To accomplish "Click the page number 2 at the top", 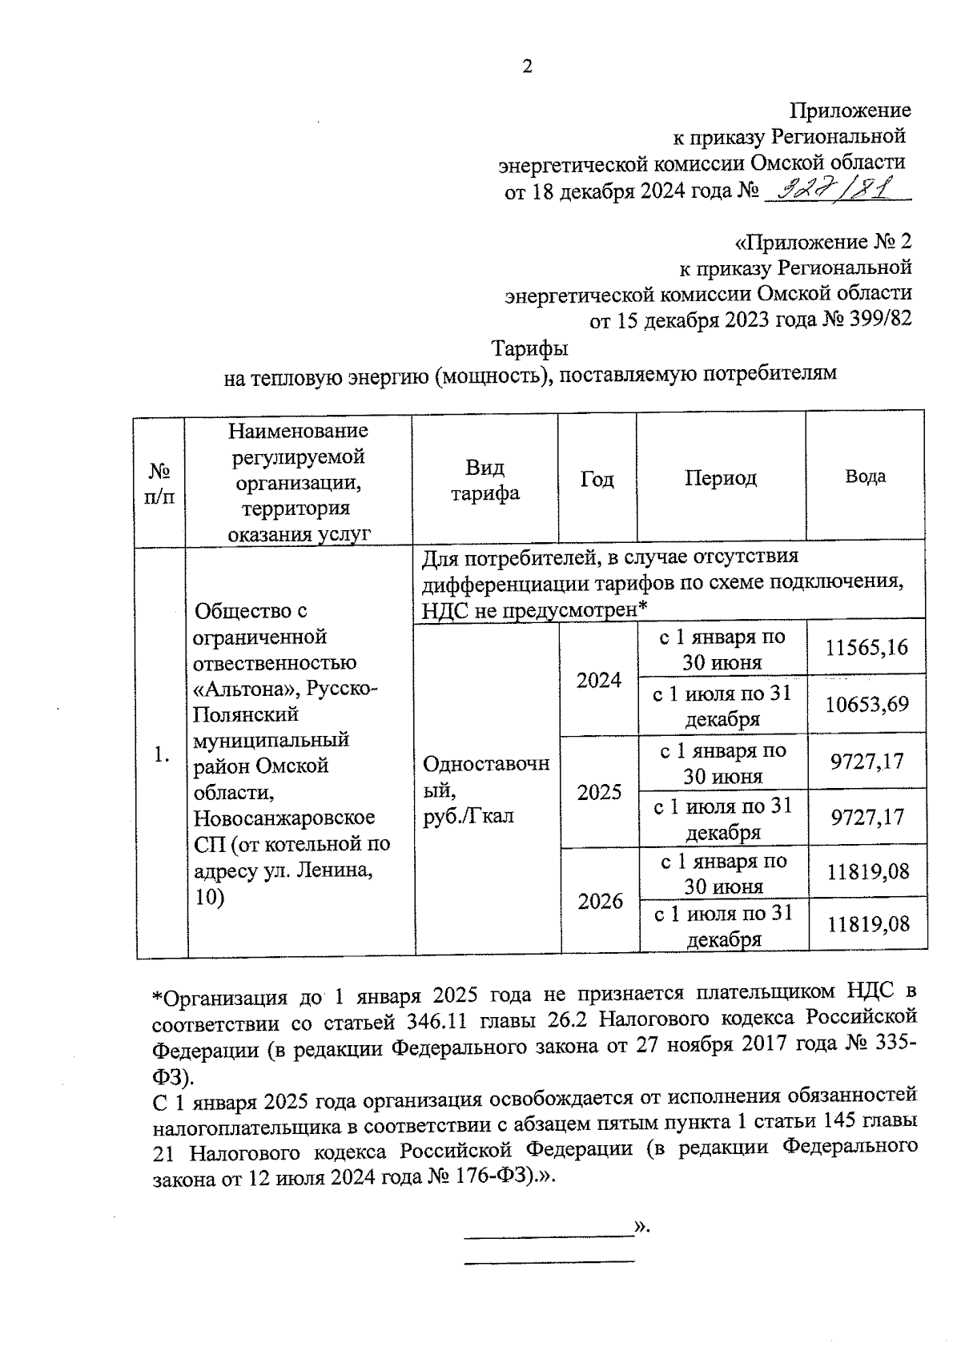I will pyautogui.click(x=527, y=67).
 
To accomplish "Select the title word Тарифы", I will pyautogui.click(x=529, y=349).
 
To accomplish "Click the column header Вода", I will pyautogui.click(x=865, y=476).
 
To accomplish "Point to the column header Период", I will pyautogui.click(x=721, y=478).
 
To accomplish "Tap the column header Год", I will pyautogui.click(x=597, y=479).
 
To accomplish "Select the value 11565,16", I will pyautogui.click(x=867, y=647).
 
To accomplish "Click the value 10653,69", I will pyautogui.click(x=867, y=704).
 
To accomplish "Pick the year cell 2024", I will pyautogui.click(x=599, y=680).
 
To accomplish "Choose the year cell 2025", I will pyautogui.click(x=599, y=792).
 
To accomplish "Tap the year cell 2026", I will pyautogui.click(x=600, y=902).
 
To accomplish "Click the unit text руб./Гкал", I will pyautogui.click(x=468, y=816).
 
